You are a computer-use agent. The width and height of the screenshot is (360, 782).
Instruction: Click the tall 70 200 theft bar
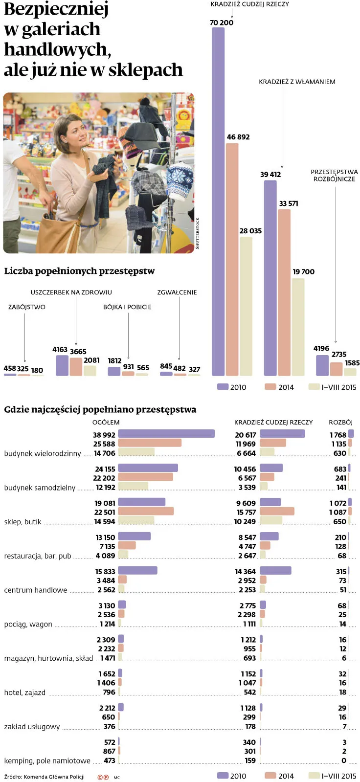point(218,201)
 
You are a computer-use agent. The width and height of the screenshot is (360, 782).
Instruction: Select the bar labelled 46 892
point(232,259)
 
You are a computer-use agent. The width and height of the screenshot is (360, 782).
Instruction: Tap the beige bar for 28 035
point(246,306)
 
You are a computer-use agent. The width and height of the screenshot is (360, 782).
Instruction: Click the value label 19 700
point(303,271)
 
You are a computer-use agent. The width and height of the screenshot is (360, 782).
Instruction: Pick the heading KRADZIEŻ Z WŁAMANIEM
point(297,82)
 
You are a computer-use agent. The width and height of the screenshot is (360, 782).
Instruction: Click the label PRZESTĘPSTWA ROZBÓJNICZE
point(334,175)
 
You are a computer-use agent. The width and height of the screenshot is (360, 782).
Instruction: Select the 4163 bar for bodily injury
point(62,365)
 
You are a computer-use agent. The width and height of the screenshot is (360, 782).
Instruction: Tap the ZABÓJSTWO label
point(26,307)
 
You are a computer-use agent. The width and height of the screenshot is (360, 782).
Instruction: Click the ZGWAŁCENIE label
point(177,292)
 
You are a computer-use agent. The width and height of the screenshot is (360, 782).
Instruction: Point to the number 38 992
point(104,435)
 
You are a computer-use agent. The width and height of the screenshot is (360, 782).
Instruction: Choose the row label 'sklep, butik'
point(22,522)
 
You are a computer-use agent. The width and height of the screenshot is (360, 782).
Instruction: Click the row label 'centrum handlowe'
point(35,590)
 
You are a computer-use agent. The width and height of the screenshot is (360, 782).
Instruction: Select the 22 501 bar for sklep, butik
point(146,511)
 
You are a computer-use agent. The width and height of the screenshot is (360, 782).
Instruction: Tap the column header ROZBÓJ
point(340,422)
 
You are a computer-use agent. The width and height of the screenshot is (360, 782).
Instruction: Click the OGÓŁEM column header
point(106,422)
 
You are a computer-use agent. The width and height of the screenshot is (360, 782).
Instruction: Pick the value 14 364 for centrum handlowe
point(245,571)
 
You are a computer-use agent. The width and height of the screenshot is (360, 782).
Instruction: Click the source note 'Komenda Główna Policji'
point(54,777)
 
